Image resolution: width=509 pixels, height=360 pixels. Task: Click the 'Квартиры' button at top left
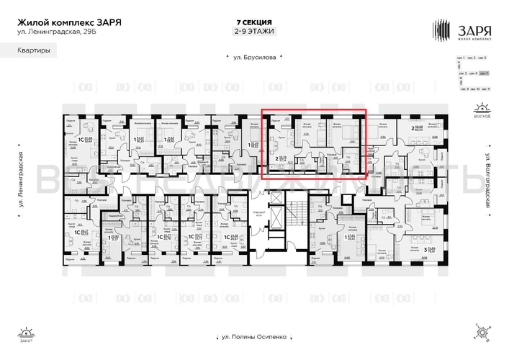point(29,50)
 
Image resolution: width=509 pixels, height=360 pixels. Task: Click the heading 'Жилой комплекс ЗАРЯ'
point(69,22)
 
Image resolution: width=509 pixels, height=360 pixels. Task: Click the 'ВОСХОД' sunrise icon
point(482,112)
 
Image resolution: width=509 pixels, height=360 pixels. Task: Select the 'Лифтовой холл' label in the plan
point(261,216)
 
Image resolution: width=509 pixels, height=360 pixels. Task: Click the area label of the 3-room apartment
point(436,249)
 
